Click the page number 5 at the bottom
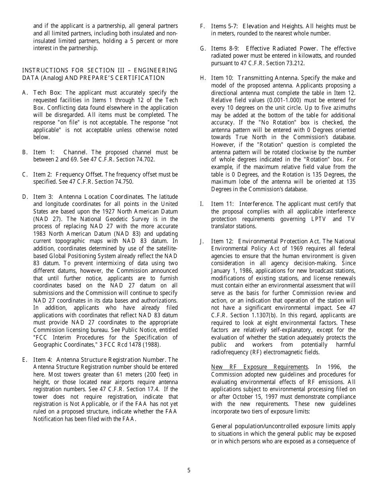tap(189, 470)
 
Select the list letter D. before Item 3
tap(25, 197)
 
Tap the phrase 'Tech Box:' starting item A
tap(45, 93)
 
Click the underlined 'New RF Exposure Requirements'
tap(259, 367)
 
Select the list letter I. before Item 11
tap(202, 204)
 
